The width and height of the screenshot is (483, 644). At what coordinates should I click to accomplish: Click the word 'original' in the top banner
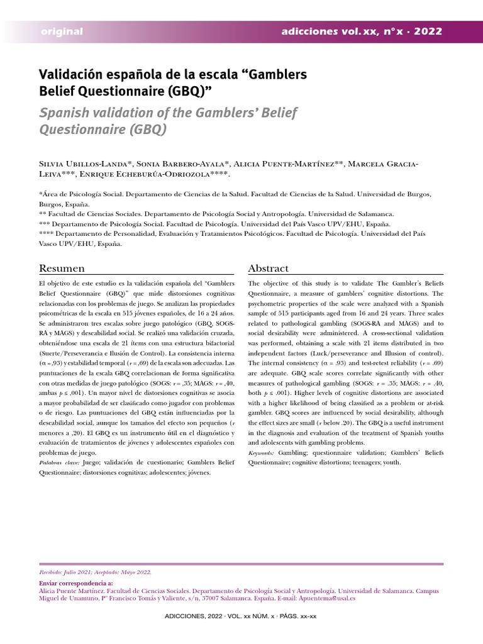tap(62, 31)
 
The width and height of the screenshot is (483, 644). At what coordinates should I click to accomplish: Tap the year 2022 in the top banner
tap(428, 31)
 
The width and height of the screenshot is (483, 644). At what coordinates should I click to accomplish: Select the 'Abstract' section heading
tap(269, 269)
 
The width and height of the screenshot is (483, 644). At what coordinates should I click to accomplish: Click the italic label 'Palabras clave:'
tap(59, 462)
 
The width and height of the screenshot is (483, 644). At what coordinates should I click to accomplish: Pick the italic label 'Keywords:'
tap(262, 452)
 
